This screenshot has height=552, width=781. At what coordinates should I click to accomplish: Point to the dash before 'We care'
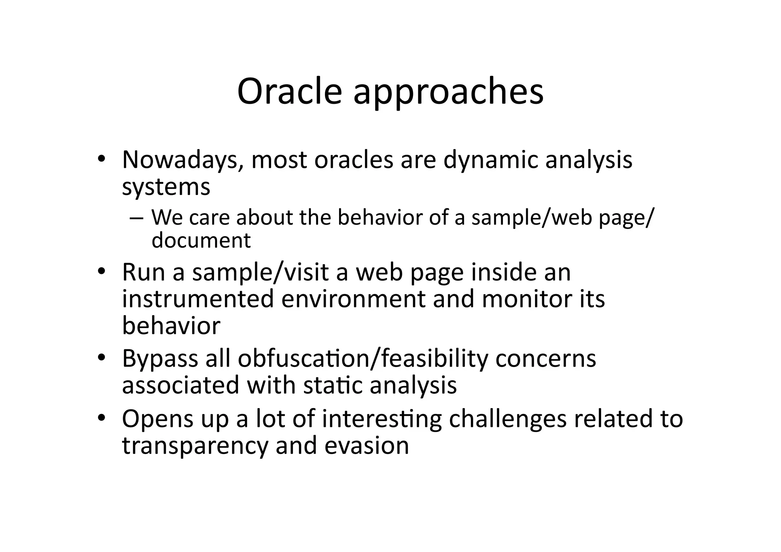[x=136, y=218]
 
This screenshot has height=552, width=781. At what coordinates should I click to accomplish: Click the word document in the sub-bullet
[x=201, y=240]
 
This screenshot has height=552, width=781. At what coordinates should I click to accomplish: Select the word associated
[x=180, y=385]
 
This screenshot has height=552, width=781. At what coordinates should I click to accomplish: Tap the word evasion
[x=366, y=446]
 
